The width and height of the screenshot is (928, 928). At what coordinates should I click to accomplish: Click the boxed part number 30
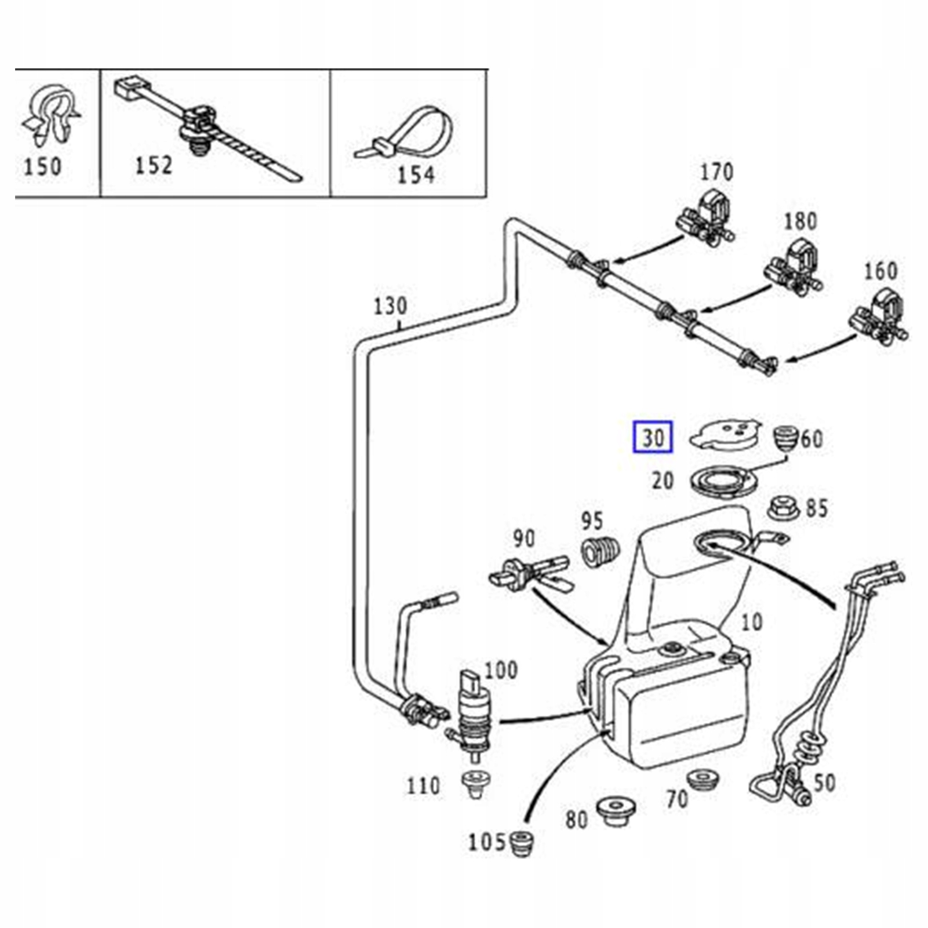[x=652, y=437]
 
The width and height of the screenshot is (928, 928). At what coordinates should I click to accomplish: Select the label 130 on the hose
[x=390, y=306]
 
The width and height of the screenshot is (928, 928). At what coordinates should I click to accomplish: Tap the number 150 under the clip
[x=42, y=167]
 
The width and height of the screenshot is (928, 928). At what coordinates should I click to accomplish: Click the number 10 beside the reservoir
[x=751, y=623]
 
